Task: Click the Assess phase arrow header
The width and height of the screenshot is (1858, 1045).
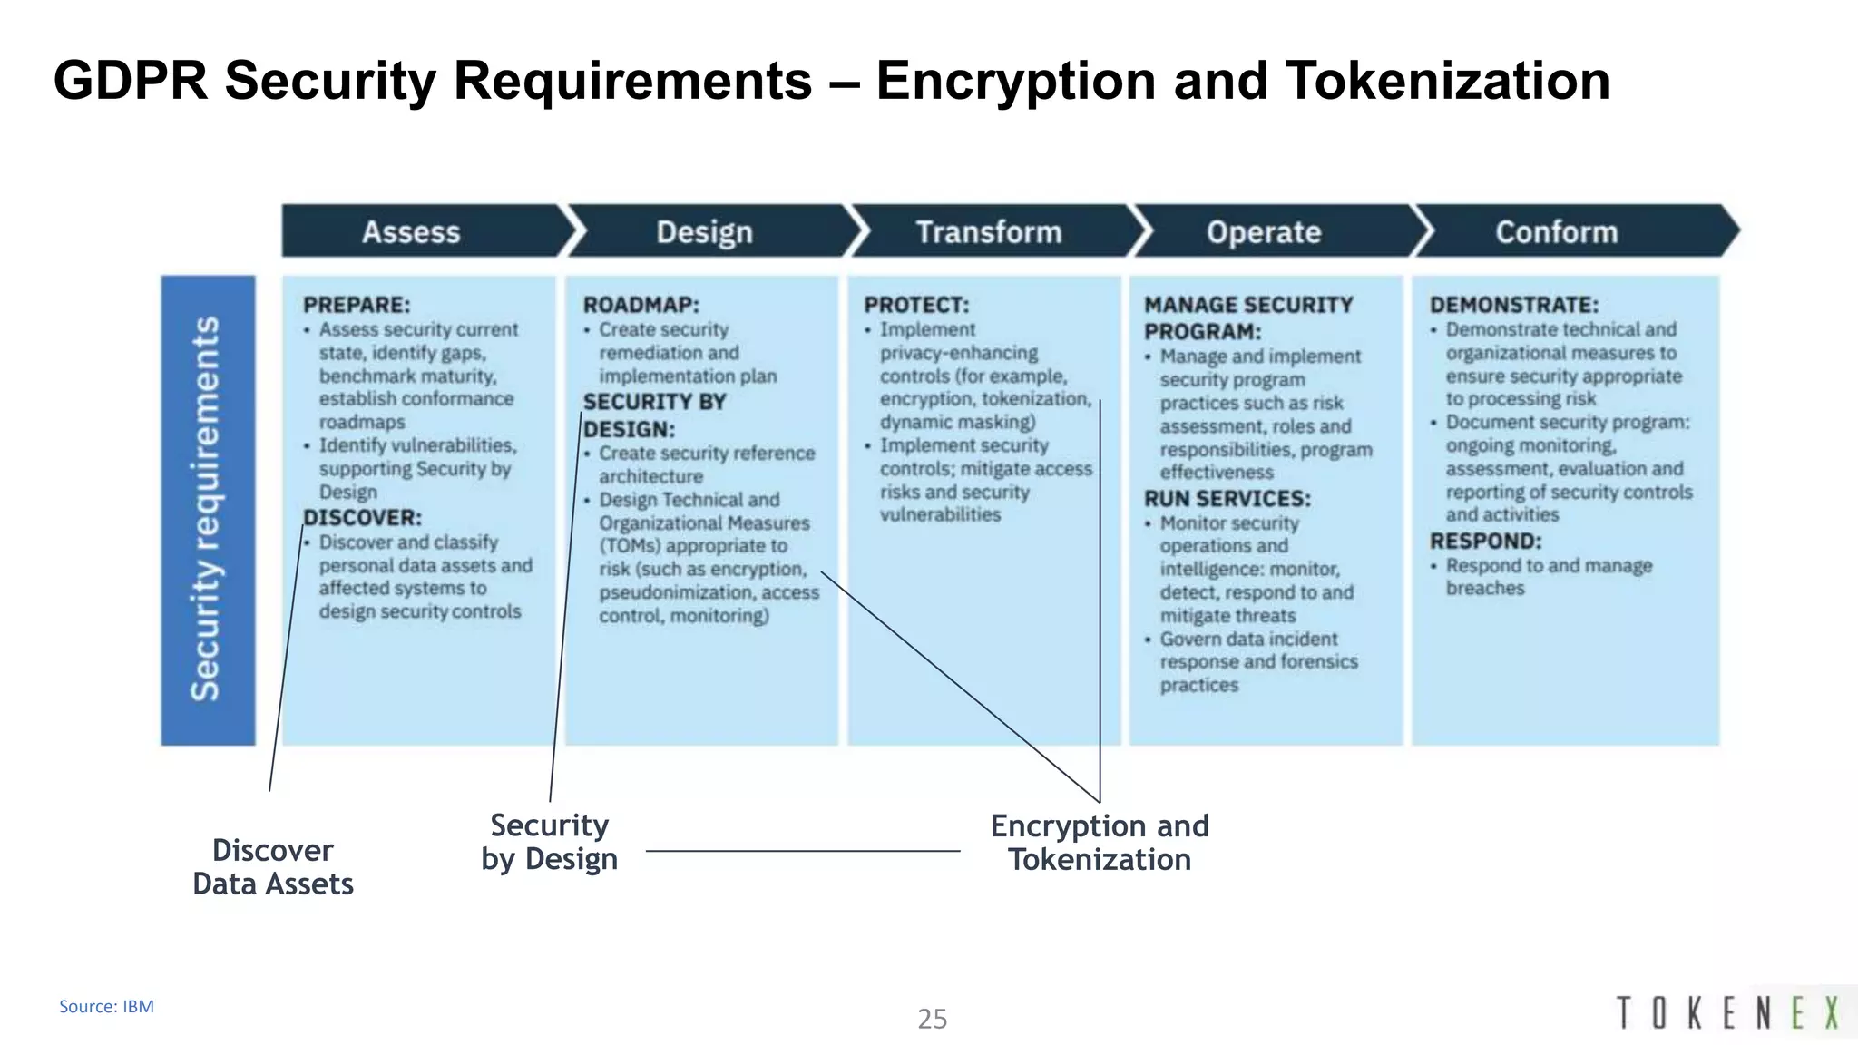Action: coord(411,232)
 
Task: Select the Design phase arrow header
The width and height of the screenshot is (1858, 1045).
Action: coord(704,232)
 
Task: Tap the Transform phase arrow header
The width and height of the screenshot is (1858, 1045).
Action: coord(988,232)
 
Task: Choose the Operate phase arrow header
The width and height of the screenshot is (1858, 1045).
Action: coord(1263,232)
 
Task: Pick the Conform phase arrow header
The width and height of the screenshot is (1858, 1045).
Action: coord(1556,232)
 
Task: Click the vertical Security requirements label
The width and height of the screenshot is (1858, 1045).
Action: coord(207,510)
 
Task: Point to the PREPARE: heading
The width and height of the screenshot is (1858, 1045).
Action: coord(357,305)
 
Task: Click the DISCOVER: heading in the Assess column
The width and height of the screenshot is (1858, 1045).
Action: coord(363,518)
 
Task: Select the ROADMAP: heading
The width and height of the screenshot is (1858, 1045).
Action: coord(641,305)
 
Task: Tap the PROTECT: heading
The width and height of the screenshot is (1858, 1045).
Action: coord(916,305)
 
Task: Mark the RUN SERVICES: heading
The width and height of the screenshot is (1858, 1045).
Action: coord(1227,499)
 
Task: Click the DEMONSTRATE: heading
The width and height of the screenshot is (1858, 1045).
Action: coord(1513,305)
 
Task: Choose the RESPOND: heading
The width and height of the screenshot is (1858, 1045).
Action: coord(1485,542)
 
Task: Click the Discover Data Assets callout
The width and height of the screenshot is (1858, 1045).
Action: coord(273,867)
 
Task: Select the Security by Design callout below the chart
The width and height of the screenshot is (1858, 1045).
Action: coord(550,842)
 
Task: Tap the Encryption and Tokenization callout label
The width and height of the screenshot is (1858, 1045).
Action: coord(1100,843)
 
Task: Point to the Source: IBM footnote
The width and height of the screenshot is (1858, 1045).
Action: coord(106,1006)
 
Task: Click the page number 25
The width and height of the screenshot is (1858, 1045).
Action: coord(932,1019)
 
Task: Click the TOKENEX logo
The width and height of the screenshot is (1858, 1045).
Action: coord(1727,1012)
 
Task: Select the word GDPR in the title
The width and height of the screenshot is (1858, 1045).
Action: coord(131,80)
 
